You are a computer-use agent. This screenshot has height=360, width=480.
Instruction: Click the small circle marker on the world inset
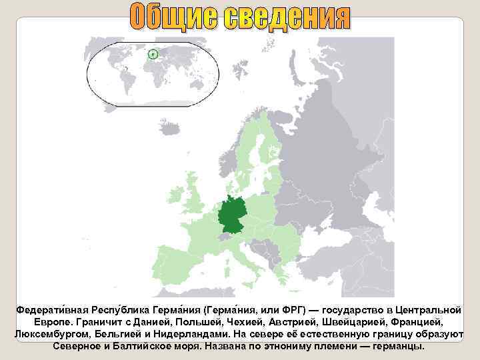[153, 54]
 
